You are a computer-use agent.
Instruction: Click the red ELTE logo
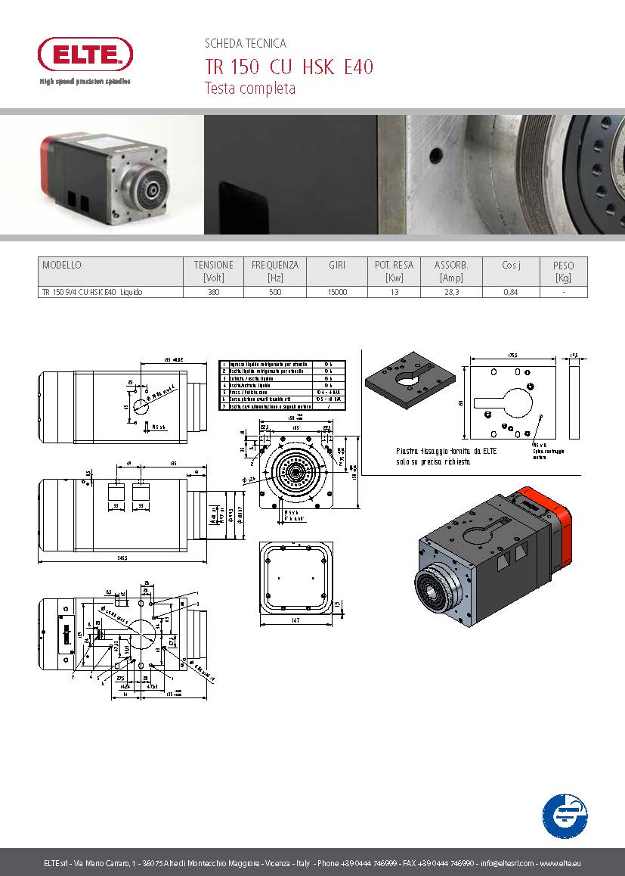point(85,55)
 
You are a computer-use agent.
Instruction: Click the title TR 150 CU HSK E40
point(289,67)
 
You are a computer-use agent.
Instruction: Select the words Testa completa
point(250,89)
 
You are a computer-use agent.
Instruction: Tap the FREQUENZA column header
point(275,266)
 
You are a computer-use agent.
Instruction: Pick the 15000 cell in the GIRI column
point(337,292)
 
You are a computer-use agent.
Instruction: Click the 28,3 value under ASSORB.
point(451,292)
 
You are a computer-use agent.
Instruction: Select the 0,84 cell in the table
point(510,292)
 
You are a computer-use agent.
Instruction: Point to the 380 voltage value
point(214,292)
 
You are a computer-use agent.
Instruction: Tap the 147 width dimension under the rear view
point(295,621)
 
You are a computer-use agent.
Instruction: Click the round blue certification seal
point(565,815)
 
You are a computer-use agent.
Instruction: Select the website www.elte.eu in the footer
point(560,863)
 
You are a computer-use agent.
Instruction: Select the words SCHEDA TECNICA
point(246,44)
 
